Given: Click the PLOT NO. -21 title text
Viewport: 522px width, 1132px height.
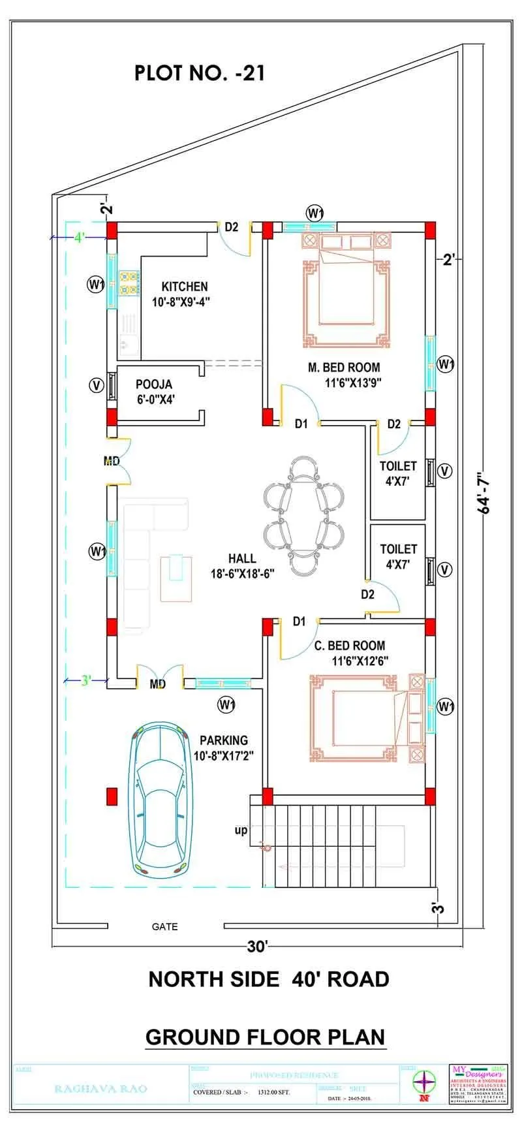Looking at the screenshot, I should (200, 72).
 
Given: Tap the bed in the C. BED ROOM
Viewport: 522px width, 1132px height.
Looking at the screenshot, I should (363, 719).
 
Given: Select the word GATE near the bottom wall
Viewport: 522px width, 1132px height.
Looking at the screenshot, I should (164, 926).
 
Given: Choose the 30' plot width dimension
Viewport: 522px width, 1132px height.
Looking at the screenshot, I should (258, 947).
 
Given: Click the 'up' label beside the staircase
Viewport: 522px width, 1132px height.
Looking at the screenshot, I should (241, 830).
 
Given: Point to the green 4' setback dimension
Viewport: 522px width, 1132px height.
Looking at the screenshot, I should (79, 238).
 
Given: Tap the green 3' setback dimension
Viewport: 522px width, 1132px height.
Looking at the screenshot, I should (85, 681).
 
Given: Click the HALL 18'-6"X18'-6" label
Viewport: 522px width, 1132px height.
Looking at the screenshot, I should (242, 566).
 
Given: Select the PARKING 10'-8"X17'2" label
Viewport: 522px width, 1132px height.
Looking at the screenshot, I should (224, 748).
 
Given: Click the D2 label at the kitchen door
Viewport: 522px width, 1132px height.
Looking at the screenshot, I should (232, 227).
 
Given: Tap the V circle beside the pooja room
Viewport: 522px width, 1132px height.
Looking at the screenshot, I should (97, 385).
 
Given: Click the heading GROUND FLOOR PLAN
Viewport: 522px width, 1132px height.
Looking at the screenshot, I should (265, 1037).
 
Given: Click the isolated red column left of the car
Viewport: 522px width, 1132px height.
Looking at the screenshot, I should (112, 796).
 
